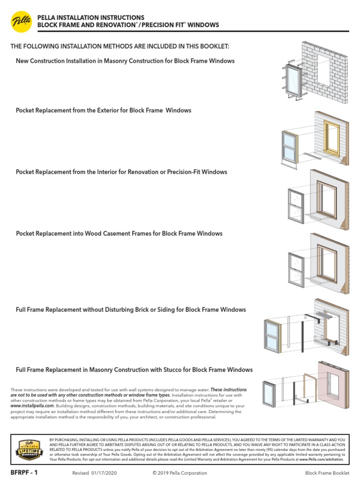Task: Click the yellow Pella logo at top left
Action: click(x=21, y=21)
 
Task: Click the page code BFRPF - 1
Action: click(x=24, y=472)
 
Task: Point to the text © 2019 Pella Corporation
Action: click(x=180, y=473)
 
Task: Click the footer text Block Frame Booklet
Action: click(x=327, y=473)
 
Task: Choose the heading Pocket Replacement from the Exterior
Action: click(x=104, y=111)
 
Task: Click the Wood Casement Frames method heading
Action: click(x=119, y=233)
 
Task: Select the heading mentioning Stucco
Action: click(x=134, y=370)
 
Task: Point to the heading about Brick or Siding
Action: click(x=131, y=310)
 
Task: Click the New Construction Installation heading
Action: click(x=125, y=61)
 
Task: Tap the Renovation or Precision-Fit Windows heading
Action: click(x=121, y=172)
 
